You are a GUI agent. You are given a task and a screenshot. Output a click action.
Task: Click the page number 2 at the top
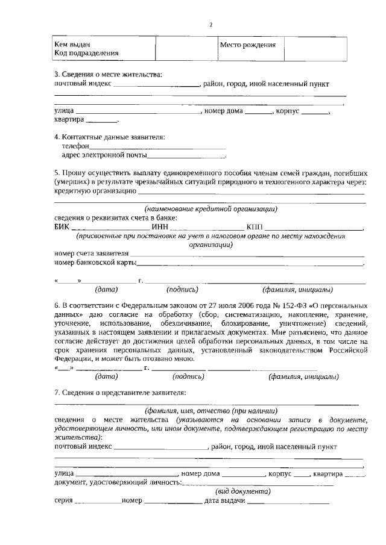[x=210, y=25]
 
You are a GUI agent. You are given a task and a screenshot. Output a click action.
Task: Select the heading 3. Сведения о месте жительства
[x=108, y=74]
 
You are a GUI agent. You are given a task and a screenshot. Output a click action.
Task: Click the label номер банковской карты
[x=95, y=263]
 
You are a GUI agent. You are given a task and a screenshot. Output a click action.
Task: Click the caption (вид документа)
[x=244, y=491]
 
